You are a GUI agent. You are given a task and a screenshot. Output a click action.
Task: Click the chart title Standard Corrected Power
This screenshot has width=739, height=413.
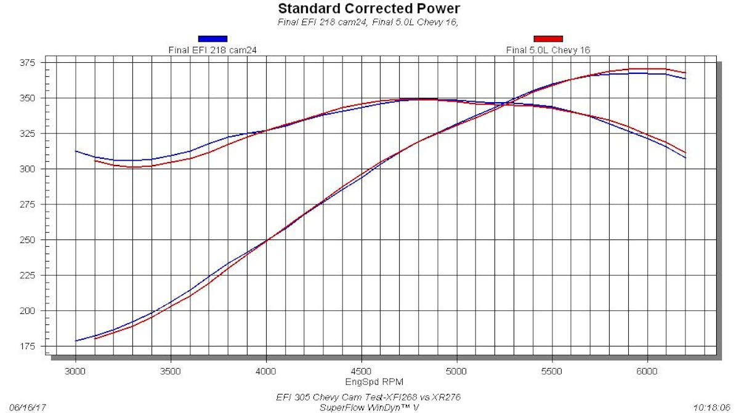tap(369, 9)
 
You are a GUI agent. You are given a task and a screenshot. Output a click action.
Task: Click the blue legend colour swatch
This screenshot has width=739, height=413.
tap(212, 39)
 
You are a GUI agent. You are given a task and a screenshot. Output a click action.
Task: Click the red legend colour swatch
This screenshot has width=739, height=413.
tap(548, 39)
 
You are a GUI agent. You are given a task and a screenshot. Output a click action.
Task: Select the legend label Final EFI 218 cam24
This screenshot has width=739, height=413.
tap(212, 50)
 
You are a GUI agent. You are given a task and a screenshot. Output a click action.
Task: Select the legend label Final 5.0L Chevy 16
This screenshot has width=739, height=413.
tap(548, 50)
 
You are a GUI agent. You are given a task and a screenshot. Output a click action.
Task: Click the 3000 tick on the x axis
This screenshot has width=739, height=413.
tap(76, 372)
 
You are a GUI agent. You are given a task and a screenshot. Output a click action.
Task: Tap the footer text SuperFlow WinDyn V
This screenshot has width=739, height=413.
tap(369, 407)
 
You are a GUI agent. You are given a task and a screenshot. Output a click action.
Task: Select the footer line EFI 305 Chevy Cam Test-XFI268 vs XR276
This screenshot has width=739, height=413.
tap(369, 397)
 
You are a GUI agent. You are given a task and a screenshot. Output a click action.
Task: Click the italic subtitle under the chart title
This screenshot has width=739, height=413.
tap(369, 23)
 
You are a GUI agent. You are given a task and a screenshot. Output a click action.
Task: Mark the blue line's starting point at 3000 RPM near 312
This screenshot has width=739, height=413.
tap(76, 151)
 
